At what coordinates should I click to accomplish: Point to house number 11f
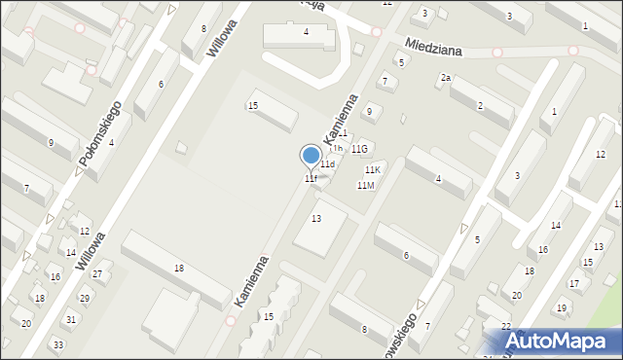pos(310,179)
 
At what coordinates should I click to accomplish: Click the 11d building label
pos(328,164)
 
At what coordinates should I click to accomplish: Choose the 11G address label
pos(359,149)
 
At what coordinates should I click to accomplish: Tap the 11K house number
pos(373,170)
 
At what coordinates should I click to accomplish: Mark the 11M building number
pos(365,185)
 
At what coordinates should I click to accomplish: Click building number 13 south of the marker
pos(315,219)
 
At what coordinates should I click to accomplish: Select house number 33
pos(58,345)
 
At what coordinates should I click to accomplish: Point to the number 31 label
pos(71,319)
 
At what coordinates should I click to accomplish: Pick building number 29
pos(85,298)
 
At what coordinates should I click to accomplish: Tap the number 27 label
pos(97,274)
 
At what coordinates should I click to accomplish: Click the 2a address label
pos(446,77)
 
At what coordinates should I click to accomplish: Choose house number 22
pos(506,326)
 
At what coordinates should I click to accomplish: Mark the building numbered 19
pos(562,308)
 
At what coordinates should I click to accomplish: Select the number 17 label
pos(574,284)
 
